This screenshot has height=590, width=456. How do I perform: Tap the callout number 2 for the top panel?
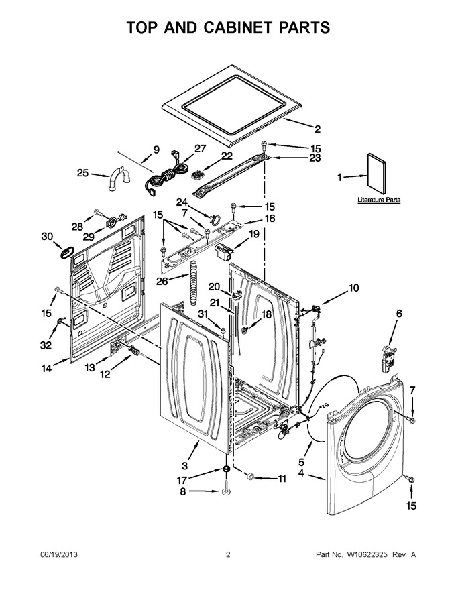pos(318,129)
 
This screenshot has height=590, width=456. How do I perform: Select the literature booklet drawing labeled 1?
pos(377,174)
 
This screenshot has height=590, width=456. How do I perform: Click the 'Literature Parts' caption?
pos(379,200)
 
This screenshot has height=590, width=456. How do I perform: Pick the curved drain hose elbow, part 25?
pos(119,179)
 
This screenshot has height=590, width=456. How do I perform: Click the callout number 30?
pos(47,236)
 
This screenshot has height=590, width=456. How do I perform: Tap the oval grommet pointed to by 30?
pos(67,251)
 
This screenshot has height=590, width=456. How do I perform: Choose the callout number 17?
pos(182,481)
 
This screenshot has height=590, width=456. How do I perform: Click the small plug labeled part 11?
pos(249,477)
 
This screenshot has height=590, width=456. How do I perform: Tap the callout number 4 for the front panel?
pos(301,473)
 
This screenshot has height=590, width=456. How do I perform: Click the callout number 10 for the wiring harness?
pos(353,288)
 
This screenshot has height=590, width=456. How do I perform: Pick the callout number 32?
pos(46,345)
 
